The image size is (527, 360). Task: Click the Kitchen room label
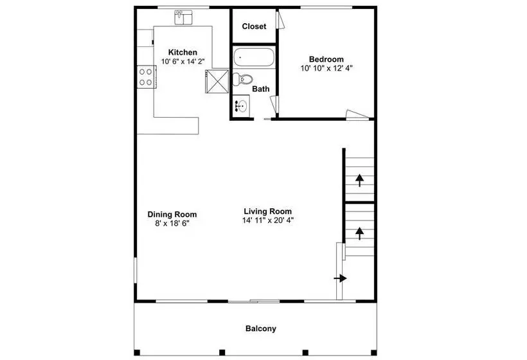click(x=183, y=52)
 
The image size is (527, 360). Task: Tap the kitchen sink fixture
click(x=183, y=17)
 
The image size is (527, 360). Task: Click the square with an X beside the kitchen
click(x=217, y=81)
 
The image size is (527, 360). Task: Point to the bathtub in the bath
click(x=254, y=57)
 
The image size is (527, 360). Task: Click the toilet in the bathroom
click(x=243, y=80)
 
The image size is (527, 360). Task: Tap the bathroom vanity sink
click(x=241, y=105)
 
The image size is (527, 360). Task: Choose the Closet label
click(x=254, y=26)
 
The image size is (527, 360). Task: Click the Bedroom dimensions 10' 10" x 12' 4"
click(x=326, y=68)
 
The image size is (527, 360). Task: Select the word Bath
click(x=261, y=89)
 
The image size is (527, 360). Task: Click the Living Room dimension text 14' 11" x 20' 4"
click(x=268, y=221)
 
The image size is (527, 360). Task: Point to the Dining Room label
click(x=172, y=214)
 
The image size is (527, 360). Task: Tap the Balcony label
click(x=261, y=328)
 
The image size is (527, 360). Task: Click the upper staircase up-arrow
click(x=360, y=180)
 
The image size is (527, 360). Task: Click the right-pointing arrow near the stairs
click(x=340, y=278)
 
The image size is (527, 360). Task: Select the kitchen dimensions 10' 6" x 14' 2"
click(x=183, y=61)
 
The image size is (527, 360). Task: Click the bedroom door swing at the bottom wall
click(x=357, y=114)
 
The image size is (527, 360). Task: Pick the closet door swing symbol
click(x=280, y=19)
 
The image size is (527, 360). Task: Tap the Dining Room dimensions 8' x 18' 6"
click(x=172, y=223)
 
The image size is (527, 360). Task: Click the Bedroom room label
click(x=326, y=59)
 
